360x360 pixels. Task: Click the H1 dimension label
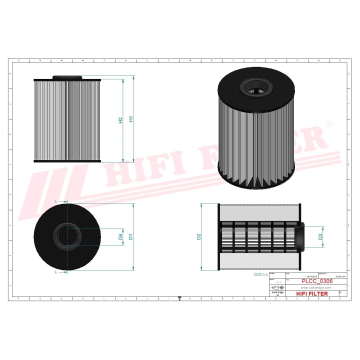tap(131, 119)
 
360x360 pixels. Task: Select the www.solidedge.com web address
tap(316, 287)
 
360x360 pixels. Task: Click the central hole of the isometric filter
tap(256, 92)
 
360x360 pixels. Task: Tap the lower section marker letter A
tap(56, 272)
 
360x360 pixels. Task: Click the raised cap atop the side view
tap(67, 77)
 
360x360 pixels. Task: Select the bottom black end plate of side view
tap(67, 161)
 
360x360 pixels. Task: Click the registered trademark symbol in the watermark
tap(329, 123)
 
